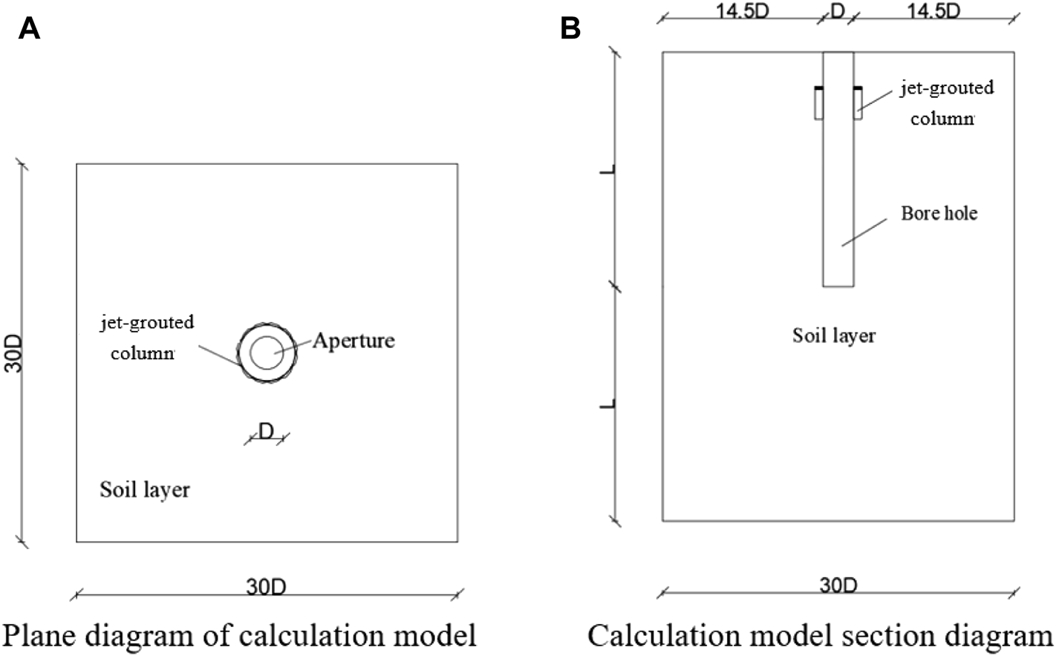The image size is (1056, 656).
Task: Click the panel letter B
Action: pos(570,28)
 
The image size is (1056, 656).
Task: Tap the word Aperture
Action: pos(353,341)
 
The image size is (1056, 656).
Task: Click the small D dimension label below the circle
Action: pos(266,430)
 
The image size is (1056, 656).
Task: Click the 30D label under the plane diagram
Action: pos(266,586)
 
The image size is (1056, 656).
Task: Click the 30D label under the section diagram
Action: pos(838,585)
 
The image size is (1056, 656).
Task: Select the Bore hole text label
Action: pos(939,214)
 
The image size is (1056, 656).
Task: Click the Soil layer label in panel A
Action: pos(145,490)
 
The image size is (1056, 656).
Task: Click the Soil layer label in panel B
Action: pos(834,335)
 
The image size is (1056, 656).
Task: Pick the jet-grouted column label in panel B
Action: pos(946,102)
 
